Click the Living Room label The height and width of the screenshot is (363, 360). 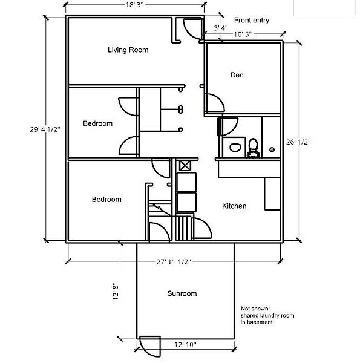128,50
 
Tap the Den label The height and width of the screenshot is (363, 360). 237,75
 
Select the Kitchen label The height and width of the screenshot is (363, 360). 234,206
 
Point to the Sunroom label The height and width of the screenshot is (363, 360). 182,293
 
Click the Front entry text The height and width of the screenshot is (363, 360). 252,20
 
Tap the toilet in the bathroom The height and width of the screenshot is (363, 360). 253,148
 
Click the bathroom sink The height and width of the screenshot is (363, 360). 235,147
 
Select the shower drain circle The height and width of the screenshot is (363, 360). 272,149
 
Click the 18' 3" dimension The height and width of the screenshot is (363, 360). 134,5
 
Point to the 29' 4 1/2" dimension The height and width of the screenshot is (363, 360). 45,129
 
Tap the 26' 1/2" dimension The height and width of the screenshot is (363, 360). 298,142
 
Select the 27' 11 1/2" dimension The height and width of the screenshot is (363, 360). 174,261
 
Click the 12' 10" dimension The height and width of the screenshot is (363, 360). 185,345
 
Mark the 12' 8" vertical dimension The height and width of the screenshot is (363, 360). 116,291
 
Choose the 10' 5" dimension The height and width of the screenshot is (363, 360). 243,34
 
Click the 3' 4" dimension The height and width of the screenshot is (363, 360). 221,28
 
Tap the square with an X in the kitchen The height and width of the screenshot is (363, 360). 185,166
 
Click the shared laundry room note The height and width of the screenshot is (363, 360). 267,315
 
